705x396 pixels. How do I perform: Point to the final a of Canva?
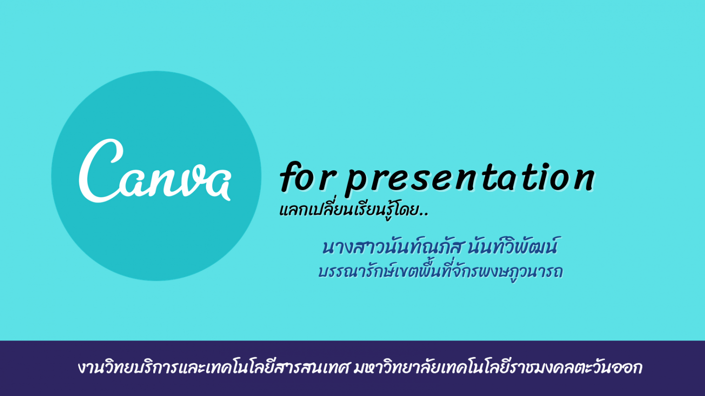pyautogui.click(x=217, y=185)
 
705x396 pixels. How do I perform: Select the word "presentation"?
pyautogui.click(x=470, y=179)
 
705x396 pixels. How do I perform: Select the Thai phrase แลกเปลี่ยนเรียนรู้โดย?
pyautogui.click(x=349, y=210)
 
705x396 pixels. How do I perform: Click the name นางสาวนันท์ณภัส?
pyautogui.click(x=392, y=246)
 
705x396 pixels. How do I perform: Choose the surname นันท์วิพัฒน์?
pyautogui.click(x=513, y=246)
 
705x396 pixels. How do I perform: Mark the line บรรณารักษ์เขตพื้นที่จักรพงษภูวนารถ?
pyautogui.click(x=440, y=272)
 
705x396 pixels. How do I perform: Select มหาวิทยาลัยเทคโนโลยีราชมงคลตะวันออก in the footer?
pyautogui.click(x=498, y=368)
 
